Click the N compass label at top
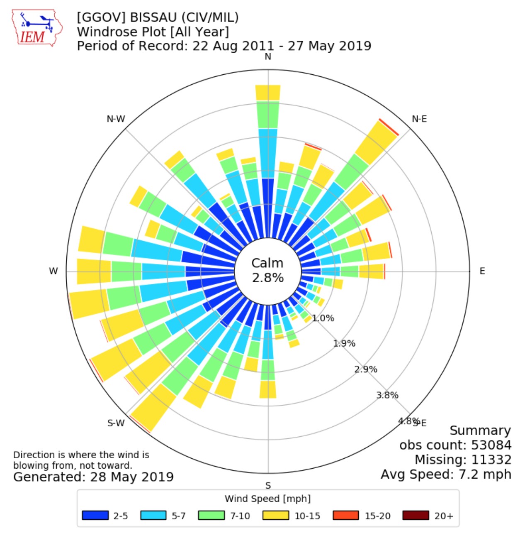coord(268,56)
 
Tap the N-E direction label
coord(419,119)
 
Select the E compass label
coord(482,271)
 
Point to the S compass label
coord(268,485)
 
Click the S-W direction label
coord(116,423)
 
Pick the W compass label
coord(53,271)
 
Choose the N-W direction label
coord(116,119)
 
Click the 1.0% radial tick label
coord(323,318)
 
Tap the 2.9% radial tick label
coord(365,369)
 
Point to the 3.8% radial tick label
coord(387,395)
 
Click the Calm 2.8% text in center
coord(268,270)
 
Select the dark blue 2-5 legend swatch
coord(95,516)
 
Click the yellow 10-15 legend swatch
coord(275,516)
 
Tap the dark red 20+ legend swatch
coord(416,516)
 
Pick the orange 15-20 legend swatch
coord(346,516)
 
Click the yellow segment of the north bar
coord(268,93)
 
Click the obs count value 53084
coord(491,445)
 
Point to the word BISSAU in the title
coord(155,17)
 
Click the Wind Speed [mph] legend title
coord(267,499)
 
